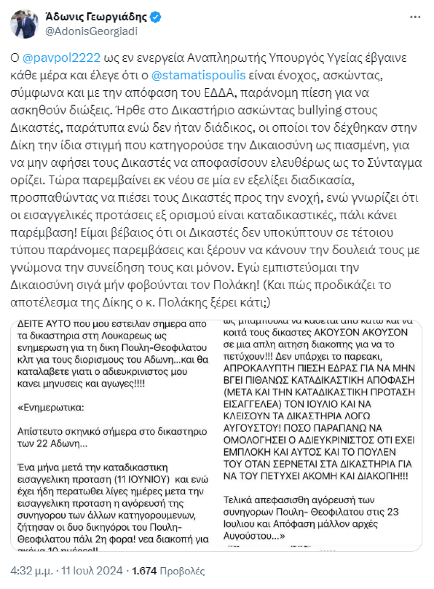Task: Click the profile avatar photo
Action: [24, 24]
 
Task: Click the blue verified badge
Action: [155, 17]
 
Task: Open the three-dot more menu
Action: [415, 17]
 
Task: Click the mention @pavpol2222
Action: [62, 57]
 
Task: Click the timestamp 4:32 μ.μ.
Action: [32, 571]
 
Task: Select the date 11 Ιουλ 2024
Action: [92, 571]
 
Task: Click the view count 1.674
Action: [145, 571]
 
